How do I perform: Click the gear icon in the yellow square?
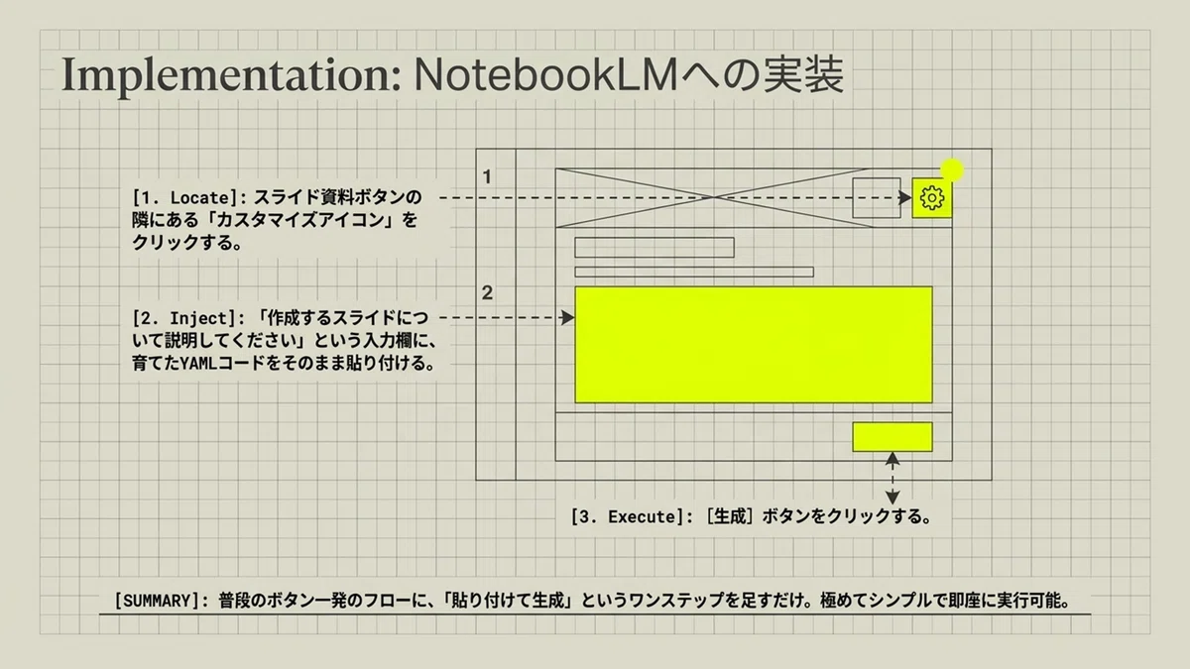click(932, 198)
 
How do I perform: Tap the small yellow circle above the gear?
click(952, 170)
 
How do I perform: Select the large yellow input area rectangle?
click(754, 345)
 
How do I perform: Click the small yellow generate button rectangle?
click(892, 437)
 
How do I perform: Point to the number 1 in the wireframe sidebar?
click(487, 176)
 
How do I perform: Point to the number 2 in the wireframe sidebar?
click(487, 292)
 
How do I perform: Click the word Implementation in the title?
click(231, 76)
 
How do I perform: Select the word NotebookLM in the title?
click(546, 75)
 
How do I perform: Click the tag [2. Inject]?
click(184, 318)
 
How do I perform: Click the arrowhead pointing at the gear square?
click(905, 197)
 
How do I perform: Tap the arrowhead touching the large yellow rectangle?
click(568, 317)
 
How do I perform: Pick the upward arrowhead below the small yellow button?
click(892, 459)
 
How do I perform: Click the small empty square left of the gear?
click(877, 198)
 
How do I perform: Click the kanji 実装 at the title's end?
click(803, 75)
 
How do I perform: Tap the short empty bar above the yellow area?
click(654, 248)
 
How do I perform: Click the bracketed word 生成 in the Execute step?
click(730, 516)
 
